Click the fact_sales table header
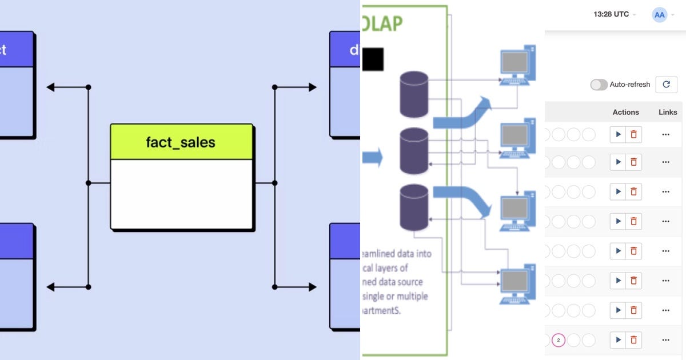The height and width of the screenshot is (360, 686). pos(181,142)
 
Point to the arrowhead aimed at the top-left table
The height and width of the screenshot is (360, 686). pos(51,87)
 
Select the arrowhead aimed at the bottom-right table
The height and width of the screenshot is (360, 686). pos(312,287)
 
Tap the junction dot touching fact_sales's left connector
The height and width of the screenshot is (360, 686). pos(88,183)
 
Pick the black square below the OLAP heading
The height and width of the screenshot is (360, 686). pos(373,59)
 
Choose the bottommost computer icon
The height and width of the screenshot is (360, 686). pos(517,284)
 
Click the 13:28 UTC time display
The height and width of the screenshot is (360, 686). pos(611,15)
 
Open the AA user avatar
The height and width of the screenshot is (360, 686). pos(659,15)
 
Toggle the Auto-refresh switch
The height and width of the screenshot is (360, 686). pos(599,85)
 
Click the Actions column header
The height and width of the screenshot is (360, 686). pos(625,112)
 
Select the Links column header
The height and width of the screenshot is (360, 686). pos(667,112)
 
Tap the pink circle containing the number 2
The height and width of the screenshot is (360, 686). pos(559,341)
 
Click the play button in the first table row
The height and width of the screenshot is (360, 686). pos(618,135)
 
